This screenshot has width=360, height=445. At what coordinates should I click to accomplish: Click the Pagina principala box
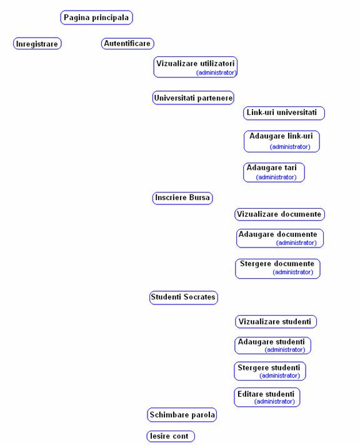96,17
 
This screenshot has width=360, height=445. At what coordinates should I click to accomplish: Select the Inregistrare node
37,43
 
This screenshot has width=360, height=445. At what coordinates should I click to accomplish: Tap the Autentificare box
127,43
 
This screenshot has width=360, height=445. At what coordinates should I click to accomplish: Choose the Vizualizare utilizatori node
196,67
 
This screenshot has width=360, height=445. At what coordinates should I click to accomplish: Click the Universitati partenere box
193,98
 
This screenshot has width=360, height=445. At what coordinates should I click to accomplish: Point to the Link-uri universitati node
284,113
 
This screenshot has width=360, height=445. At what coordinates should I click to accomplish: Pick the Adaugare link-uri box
282,141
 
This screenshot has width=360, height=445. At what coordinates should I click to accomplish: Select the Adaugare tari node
274,172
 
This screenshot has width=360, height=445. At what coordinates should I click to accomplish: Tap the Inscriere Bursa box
182,197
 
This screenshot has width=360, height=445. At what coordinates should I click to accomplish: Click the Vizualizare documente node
279,214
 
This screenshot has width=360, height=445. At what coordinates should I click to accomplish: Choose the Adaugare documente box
280,238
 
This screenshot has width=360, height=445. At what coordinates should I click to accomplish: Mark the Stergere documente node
277,269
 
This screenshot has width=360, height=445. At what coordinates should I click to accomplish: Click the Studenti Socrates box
184,297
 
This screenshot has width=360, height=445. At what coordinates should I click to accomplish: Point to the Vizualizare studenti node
276,321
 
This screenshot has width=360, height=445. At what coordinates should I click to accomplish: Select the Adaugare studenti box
273,346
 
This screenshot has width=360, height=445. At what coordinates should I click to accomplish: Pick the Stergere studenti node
270,371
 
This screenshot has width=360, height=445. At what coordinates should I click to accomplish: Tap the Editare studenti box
267,397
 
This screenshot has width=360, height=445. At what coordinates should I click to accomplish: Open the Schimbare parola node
182,415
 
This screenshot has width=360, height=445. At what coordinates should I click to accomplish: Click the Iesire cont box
171,436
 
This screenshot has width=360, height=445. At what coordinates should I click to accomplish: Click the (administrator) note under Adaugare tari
276,177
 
